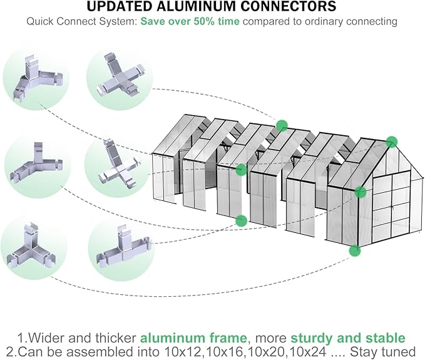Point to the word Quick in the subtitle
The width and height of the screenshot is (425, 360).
pos(40,21)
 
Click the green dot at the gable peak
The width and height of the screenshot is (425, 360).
pos(392,141)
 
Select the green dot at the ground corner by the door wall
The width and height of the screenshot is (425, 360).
pos(355,251)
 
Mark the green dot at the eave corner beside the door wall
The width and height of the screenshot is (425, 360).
pos(360,192)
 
